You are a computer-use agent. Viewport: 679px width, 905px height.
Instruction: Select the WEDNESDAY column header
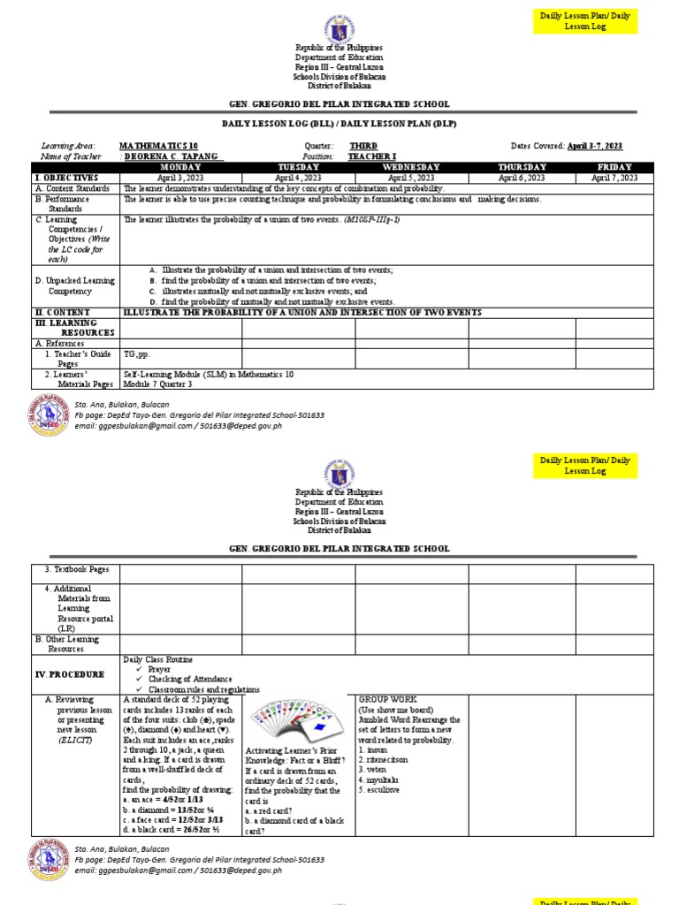click(x=411, y=167)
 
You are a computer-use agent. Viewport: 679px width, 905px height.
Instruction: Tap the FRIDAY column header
click(x=614, y=167)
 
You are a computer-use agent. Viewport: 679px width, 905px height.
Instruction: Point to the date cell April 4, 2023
click(x=298, y=178)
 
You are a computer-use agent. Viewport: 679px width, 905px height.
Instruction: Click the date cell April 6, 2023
click(x=522, y=178)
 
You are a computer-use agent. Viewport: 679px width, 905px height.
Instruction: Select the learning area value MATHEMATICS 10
click(x=157, y=146)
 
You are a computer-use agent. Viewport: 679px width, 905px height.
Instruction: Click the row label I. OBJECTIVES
click(x=66, y=178)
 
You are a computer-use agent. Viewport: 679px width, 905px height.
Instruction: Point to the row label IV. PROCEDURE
click(x=70, y=673)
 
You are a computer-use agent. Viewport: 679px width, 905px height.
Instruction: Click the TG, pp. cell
click(x=136, y=354)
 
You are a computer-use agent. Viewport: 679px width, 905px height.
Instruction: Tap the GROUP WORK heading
click(x=388, y=699)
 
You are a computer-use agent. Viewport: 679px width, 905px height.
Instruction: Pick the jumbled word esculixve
click(x=382, y=789)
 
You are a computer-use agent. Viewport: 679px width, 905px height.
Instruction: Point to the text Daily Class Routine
click(x=158, y=659)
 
